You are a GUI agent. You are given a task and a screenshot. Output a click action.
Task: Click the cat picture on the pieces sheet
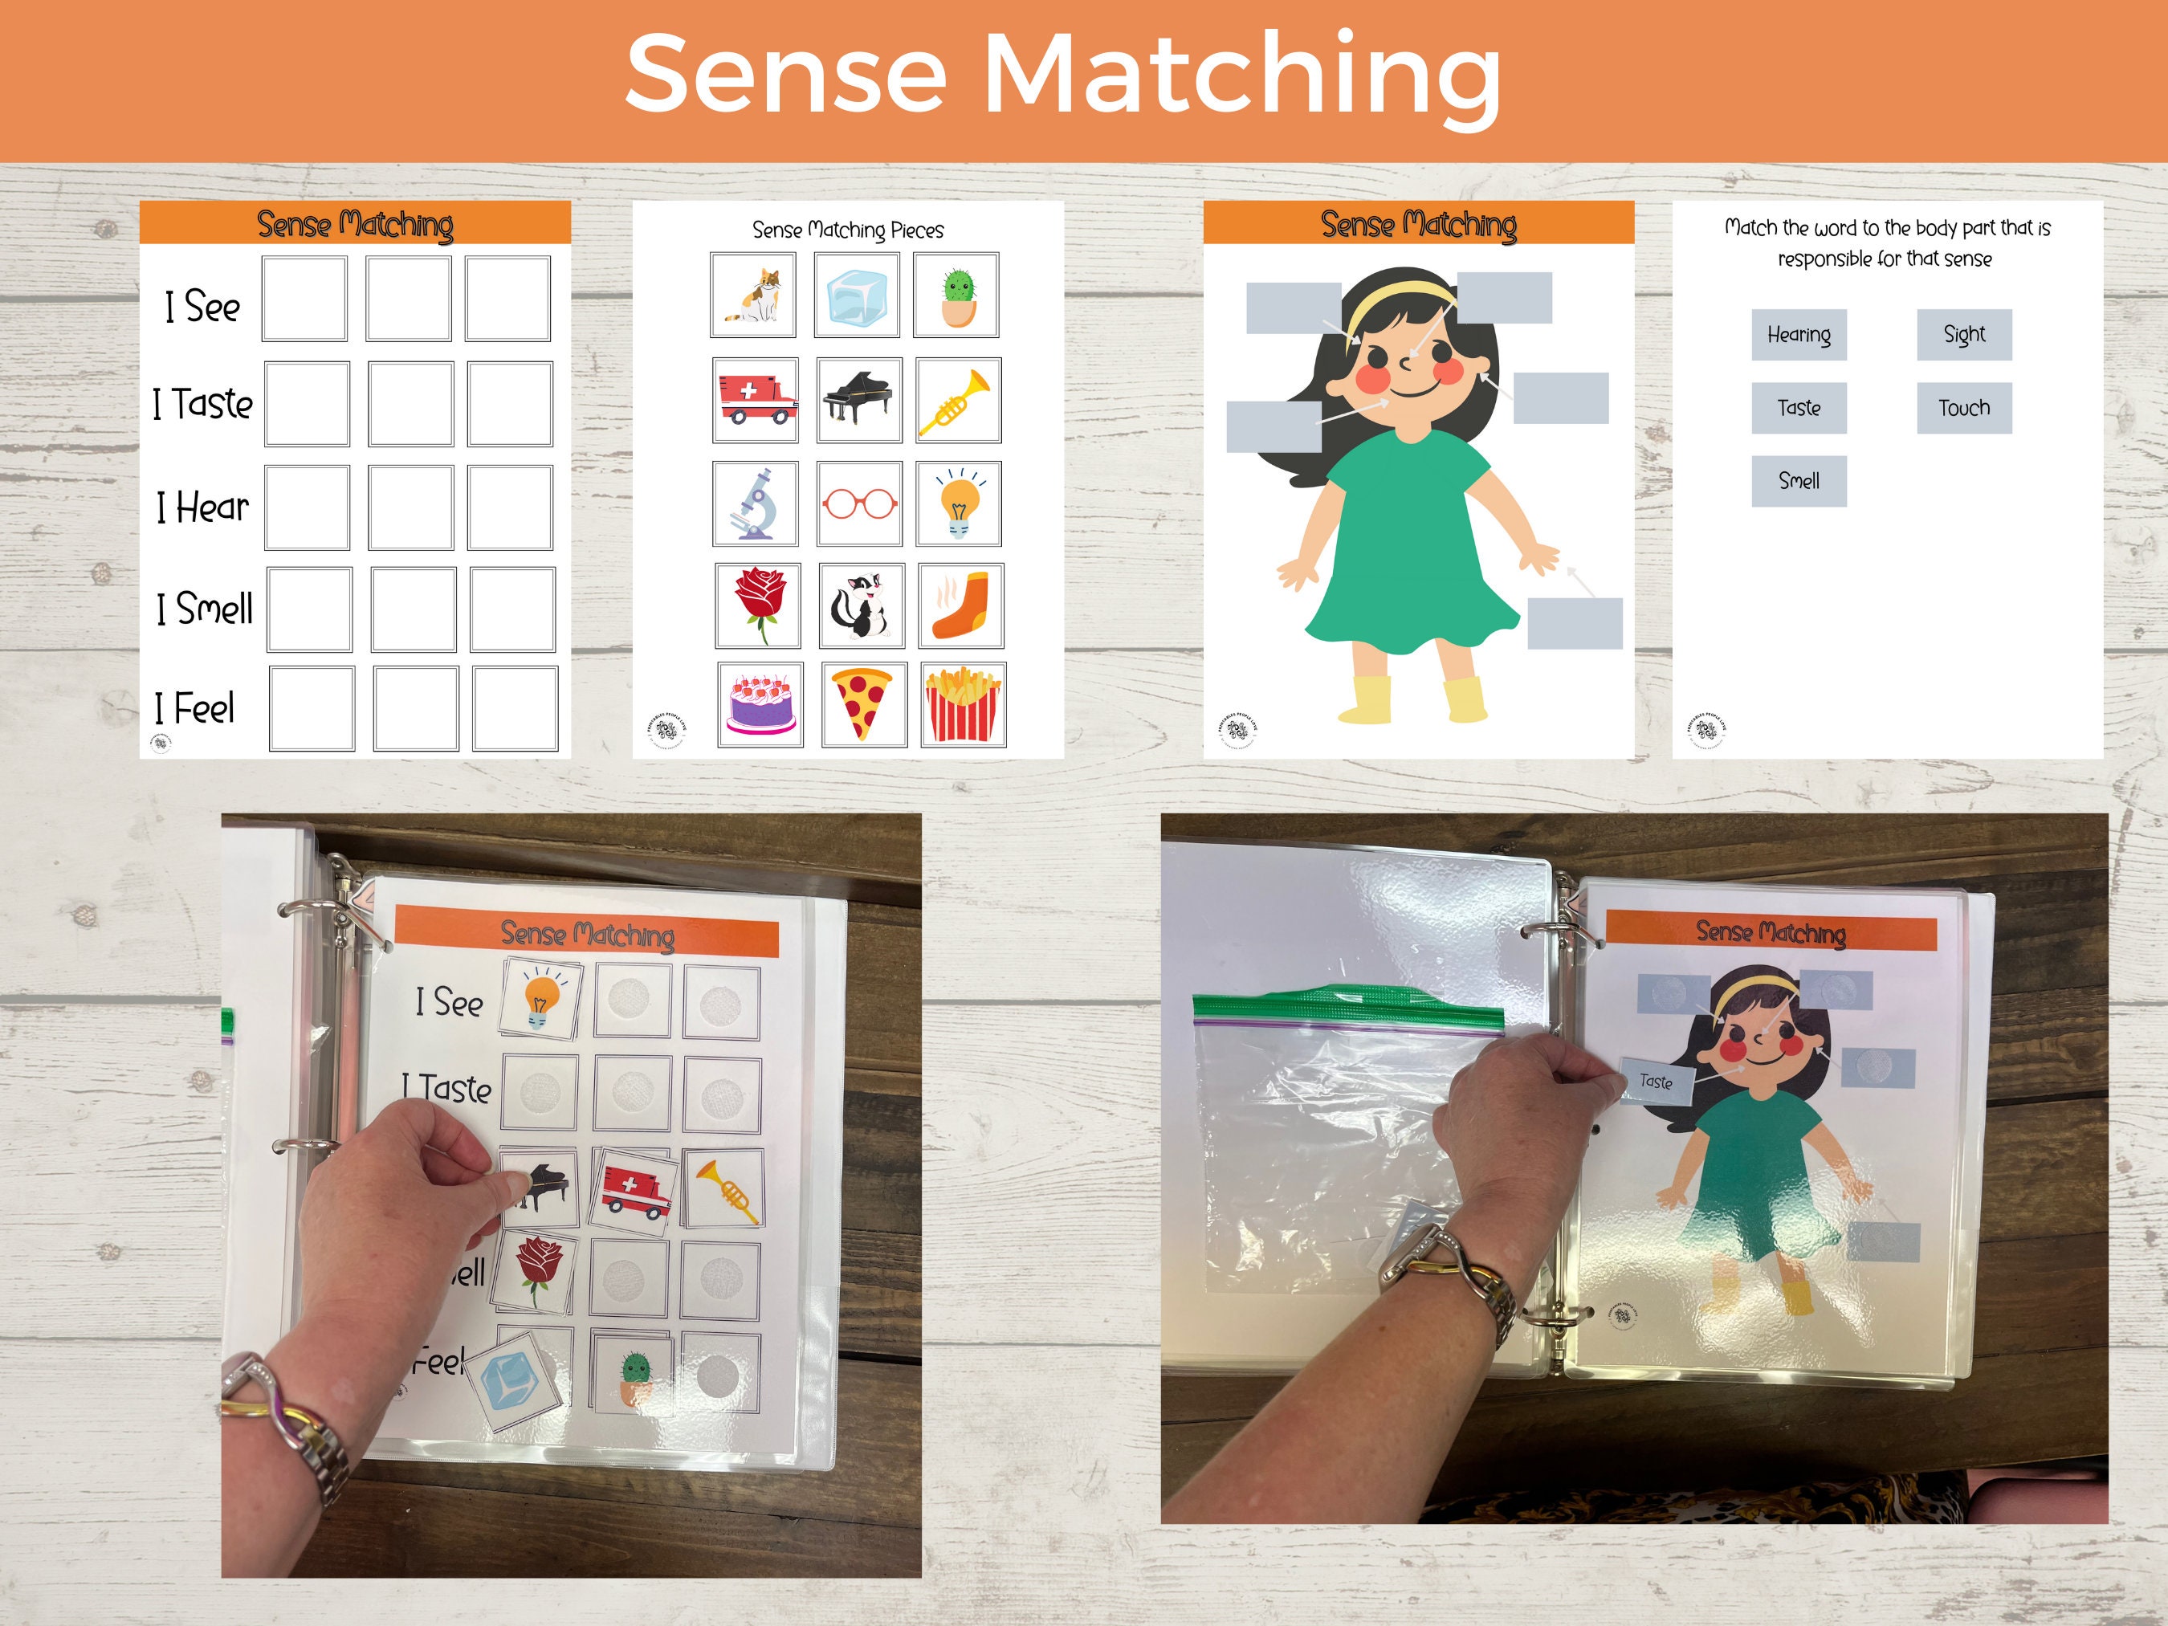[x=752, y=295]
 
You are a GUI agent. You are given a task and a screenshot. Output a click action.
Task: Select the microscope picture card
[x=755, y=503]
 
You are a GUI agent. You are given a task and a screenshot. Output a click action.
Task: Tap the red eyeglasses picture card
[x=858, y=503]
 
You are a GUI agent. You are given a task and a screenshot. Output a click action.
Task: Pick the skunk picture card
[x=861, y=605]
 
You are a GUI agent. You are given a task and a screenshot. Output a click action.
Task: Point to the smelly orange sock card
[x=960, y=605]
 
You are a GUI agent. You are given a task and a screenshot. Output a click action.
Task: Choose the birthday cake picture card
[x=760, y=705]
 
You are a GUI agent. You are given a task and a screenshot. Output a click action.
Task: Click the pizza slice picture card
[x=863, y=705]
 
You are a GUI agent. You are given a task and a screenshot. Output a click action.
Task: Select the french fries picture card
[x=964, y=705]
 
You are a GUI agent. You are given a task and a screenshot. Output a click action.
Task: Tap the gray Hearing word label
[x=1799, y=335]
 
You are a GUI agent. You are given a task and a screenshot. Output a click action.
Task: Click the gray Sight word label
[x=1964, y=335]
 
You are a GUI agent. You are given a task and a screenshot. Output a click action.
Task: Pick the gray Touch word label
[x=1964, y=408]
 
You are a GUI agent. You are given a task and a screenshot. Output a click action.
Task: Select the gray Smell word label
[x=1799, y=481]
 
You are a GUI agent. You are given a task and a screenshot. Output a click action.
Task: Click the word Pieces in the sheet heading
[x=917, y=230]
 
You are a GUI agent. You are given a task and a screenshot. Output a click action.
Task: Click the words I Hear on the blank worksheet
[x=203, y=507]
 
